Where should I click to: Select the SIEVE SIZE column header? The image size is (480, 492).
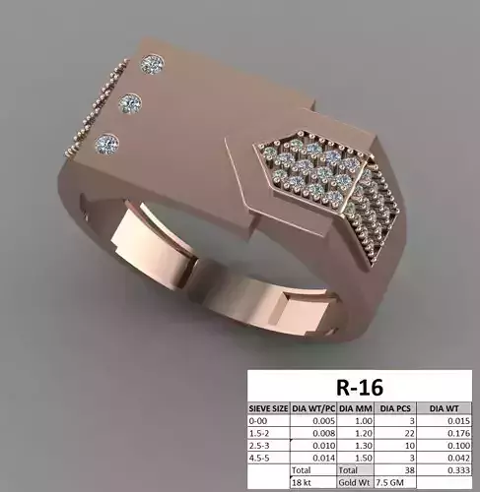pos(269,405)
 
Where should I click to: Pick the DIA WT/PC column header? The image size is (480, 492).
pos(309,405)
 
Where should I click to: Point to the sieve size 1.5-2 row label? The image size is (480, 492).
pos(261,432)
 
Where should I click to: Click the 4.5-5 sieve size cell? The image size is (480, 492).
pos(261,458)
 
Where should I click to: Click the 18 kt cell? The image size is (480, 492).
pos(301,484)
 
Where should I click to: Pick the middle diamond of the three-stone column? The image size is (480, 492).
pos(128,101)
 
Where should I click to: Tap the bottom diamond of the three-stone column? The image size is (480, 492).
pos(105,143)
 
